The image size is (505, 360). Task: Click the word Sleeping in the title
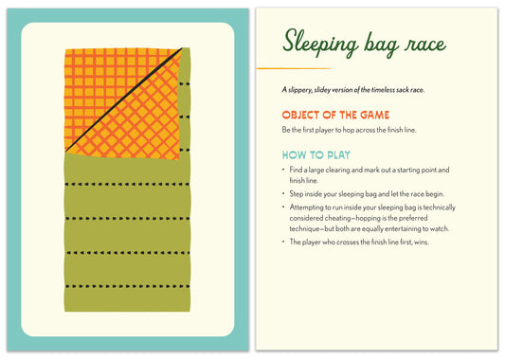[320, 44]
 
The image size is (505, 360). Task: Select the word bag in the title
[381, 45]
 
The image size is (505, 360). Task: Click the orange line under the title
[294, 68]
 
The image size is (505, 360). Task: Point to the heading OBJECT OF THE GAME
[335, 115]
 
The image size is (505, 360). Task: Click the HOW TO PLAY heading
[316, 155]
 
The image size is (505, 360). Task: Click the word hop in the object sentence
[348, 130]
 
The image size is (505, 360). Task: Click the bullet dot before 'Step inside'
[283, 193]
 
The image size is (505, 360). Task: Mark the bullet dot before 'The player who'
[283, 242]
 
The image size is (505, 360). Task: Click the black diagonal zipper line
[124, 99]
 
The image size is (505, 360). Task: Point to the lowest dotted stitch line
[127, 286]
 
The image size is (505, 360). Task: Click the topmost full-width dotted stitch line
[127, 184]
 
